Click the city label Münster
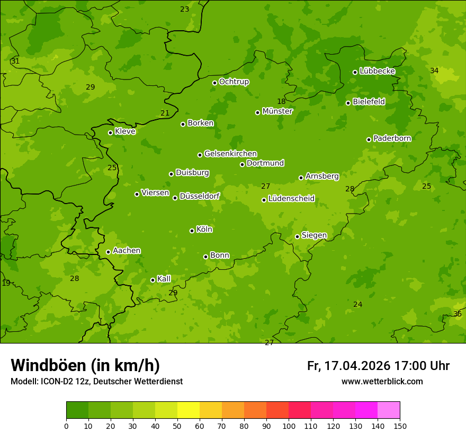277,111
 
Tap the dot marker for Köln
192,231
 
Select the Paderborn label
392,138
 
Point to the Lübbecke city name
377,71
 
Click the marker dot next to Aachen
108,252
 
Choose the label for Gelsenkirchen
230,154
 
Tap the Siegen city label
314,235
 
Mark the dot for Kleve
110,133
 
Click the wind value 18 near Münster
281,101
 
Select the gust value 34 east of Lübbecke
434,71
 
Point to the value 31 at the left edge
15,61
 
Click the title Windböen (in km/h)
85,365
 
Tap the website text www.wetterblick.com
382,381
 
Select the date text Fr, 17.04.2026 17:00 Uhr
378,366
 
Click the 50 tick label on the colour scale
177,426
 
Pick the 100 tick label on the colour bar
289,426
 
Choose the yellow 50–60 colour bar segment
189,410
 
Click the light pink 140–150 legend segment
389,410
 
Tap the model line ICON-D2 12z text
96,381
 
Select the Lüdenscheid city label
291,199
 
